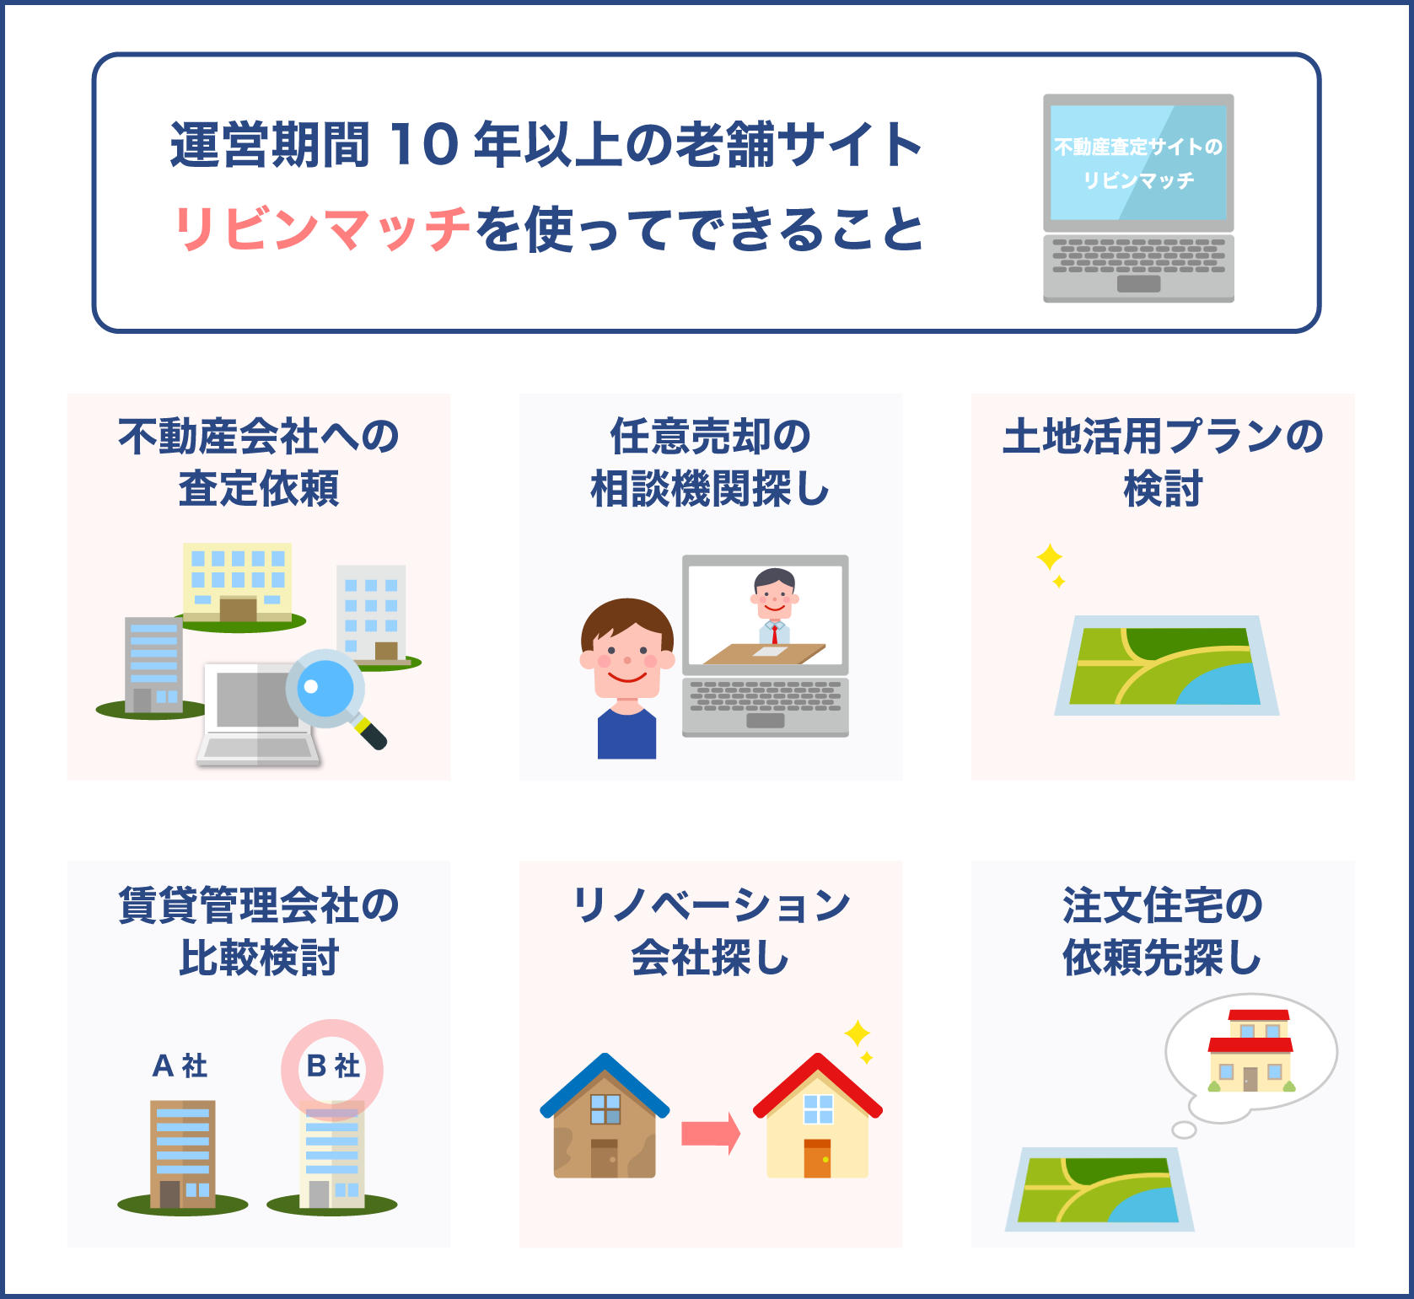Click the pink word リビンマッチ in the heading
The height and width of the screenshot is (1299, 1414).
click(322, 228)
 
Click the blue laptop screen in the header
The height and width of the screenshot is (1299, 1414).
click(1138, 163)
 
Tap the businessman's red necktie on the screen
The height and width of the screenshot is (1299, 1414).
click(775, 633)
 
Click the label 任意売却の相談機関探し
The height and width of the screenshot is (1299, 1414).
click(710, 462)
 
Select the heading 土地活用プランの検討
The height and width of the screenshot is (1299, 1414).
click(1163, 462)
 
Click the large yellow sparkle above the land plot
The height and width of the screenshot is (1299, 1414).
click(1049, 557)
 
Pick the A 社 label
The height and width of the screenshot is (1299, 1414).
click(180, 1066)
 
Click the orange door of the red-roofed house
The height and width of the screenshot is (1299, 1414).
click(817, 1158)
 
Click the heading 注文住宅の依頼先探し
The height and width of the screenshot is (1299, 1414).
click(1163, 931)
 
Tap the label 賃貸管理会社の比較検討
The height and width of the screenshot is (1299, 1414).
click(259, 931)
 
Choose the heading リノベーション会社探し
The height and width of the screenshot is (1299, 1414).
click(710, 931)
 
